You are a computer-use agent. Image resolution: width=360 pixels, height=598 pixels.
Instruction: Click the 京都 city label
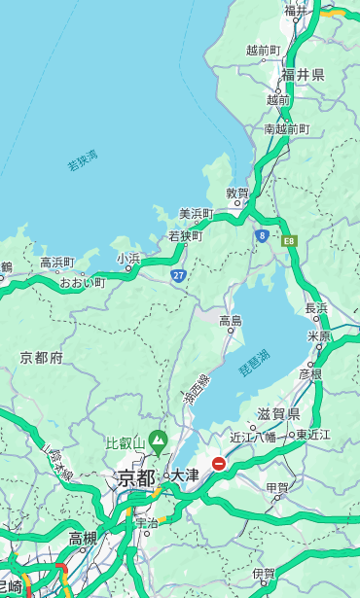click(136, 477)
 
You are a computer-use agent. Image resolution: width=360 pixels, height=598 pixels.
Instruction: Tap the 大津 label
click(184, 475)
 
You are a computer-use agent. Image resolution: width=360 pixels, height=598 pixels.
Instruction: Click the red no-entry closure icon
click(220, 464)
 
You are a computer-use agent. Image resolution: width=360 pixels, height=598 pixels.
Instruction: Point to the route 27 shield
click(179, 276)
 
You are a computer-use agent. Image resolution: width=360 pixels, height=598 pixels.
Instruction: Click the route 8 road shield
click(262, 235)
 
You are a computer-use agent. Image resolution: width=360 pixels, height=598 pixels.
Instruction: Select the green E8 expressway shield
click(289, 240)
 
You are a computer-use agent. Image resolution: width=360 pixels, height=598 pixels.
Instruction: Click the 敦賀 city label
click(237, 193)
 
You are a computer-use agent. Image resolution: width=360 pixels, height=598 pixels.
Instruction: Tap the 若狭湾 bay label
click(83, 161)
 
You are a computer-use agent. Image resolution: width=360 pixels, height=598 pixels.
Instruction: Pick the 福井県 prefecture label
click(304, 75)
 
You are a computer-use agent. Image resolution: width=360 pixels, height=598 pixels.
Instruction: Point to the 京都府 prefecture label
click(42, 358)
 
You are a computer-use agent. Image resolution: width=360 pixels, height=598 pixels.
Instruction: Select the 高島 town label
click(231, 321)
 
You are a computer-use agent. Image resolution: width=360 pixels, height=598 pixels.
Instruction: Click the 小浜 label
click(128, 259)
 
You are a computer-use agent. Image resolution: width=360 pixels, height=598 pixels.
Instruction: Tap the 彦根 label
click(310, 372)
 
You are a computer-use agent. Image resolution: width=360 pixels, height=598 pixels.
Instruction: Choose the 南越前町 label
click(287, 128)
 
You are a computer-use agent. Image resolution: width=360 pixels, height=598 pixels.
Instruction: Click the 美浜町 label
click(196, 214)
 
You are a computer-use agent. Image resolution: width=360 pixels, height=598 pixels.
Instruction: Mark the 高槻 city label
click(83, 538)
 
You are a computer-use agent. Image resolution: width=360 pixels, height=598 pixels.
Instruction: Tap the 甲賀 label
click(277, 487)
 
